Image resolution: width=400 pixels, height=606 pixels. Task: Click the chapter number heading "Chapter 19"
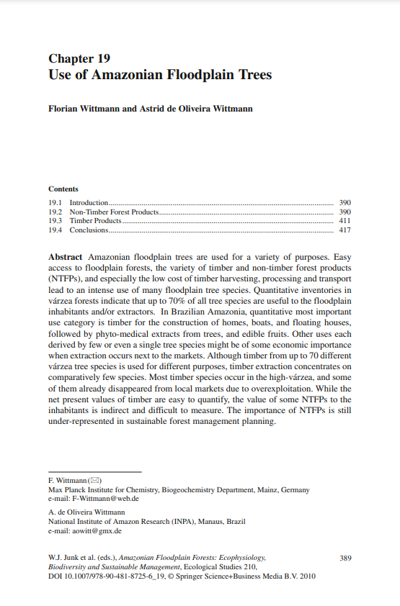click(x=79, y=58)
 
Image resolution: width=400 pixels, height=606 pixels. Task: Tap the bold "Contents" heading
click(x=63, y=189)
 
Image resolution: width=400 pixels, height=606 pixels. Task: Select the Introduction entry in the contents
click(x=89, y=203)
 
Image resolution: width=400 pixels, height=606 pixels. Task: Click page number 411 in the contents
click(x=345, y=221)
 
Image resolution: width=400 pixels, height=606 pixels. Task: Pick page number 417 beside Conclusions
click(x=345, y=230)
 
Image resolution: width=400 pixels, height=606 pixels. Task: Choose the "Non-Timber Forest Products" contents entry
click(x=113, y=212)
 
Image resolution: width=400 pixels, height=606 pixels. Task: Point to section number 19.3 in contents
click(x=55, y=221)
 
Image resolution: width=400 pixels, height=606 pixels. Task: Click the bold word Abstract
click(x=66, y=257)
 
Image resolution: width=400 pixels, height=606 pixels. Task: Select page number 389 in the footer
click(x=345, y=558)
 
